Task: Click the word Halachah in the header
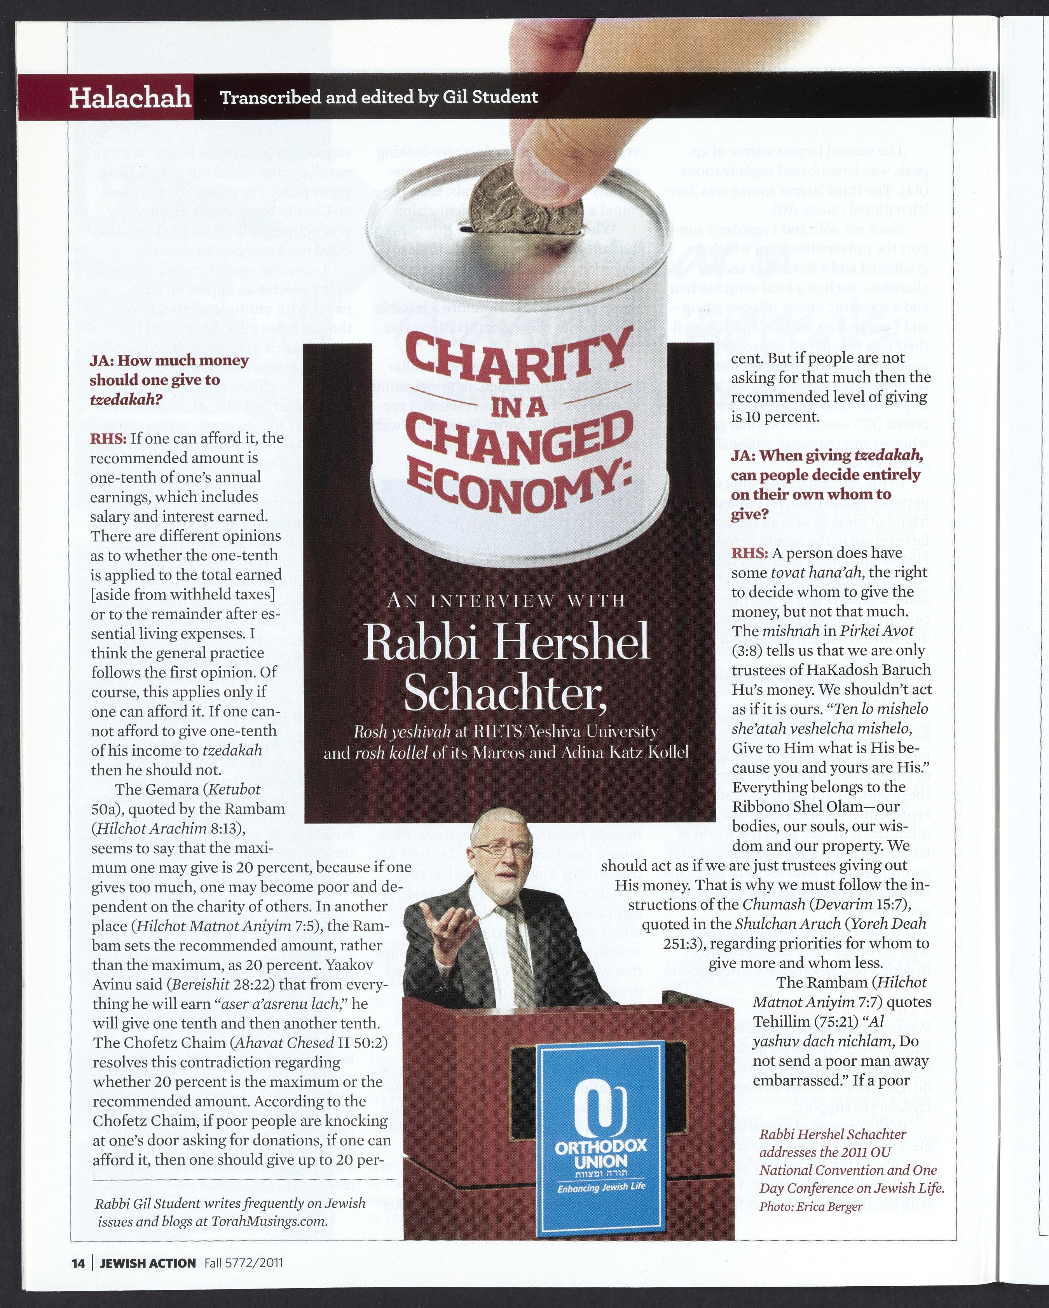point(130,98)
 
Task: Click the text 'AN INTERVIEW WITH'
point(505,601)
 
